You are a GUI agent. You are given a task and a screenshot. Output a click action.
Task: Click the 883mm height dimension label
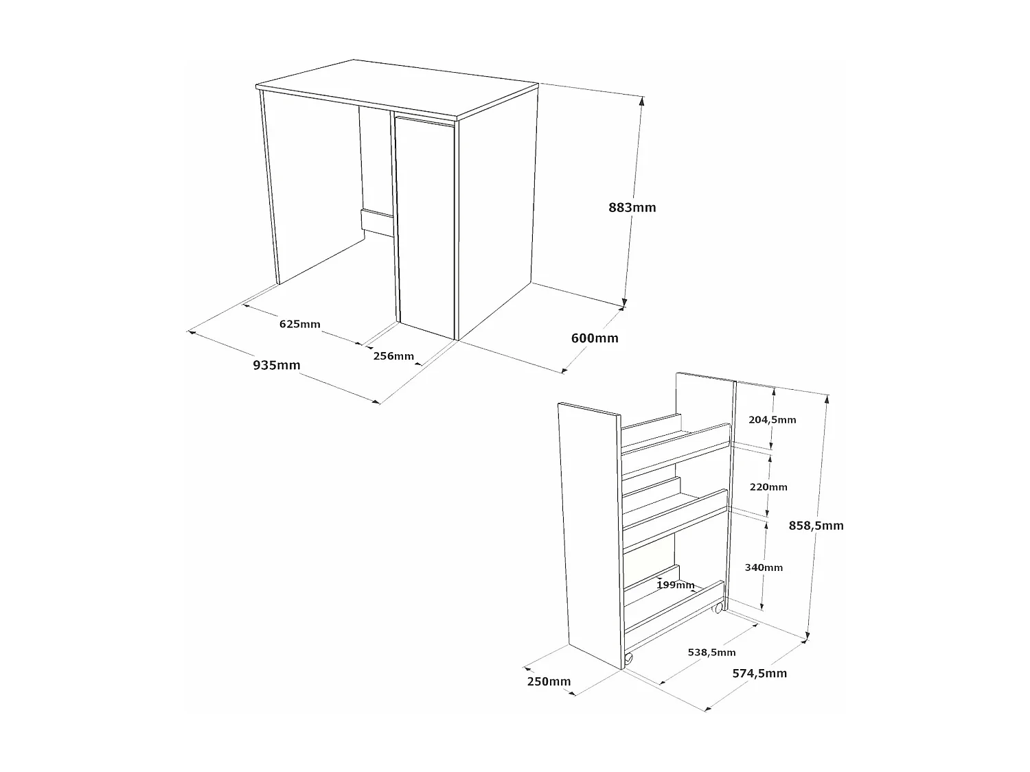pos(632,207)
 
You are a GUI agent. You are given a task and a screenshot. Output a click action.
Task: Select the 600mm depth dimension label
pos(595,338)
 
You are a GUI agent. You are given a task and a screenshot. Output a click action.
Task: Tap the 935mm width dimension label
pos(277,365)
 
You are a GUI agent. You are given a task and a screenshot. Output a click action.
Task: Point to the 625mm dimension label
pos(299,324)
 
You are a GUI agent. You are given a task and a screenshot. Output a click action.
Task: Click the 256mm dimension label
pos(393,356)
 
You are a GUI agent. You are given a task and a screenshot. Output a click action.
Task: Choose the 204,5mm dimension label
pos(772,419)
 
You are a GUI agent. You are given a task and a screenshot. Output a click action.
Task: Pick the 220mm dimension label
pos(768,487)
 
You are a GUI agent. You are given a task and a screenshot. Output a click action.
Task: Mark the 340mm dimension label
pos(764,568)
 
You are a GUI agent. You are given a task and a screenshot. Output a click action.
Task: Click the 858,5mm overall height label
pos(816,526)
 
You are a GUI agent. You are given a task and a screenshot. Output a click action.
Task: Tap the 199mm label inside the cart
pos(676,585)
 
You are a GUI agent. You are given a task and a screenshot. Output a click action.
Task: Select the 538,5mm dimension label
pos(711,652)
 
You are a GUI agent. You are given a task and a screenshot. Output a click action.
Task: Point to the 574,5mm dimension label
pos(759,673)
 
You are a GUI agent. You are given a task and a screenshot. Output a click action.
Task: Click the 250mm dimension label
pos(549,681)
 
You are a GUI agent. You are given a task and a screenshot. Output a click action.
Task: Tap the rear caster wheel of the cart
pos(718,608)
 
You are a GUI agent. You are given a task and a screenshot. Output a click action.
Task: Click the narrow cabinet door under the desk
pos(426,226)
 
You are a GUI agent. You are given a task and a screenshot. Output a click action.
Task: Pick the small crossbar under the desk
pos(376,222)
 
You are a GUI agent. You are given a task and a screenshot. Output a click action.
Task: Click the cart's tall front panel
pos(589,535)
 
